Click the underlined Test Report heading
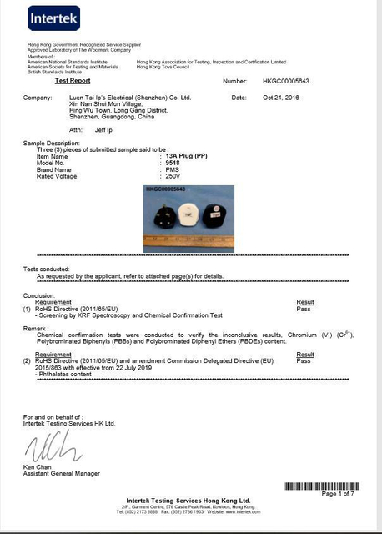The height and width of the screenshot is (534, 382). (72, 81)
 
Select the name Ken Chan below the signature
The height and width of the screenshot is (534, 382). (38, 466)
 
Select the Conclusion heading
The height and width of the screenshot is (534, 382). (39, 295)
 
